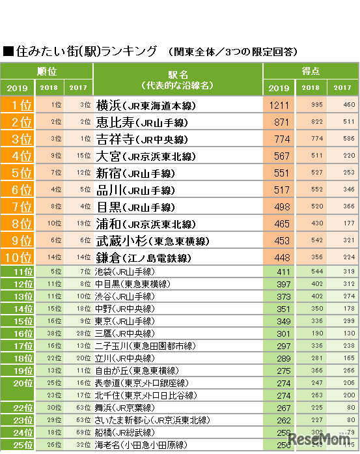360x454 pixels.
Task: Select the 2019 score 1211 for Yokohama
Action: point(278,104)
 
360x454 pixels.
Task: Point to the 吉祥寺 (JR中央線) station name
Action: point(142,139)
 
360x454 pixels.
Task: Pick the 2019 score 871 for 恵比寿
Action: point(278,122)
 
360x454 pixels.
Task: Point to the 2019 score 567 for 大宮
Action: point(278,156)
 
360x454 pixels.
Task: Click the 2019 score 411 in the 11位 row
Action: point(278,271)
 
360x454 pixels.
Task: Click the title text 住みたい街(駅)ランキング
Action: point(85,50)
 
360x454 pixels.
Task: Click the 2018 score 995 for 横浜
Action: point(311,104)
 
